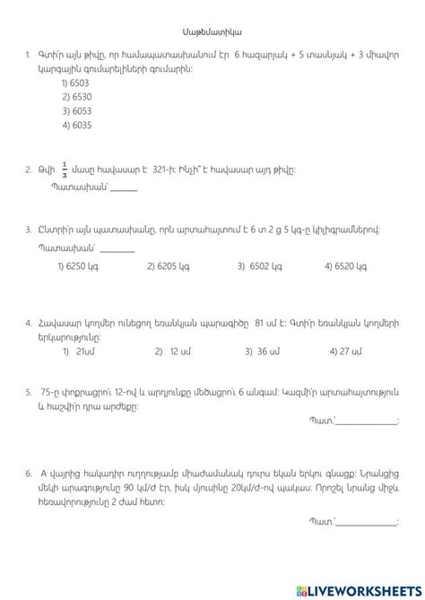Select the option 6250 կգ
tap(75, 265)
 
